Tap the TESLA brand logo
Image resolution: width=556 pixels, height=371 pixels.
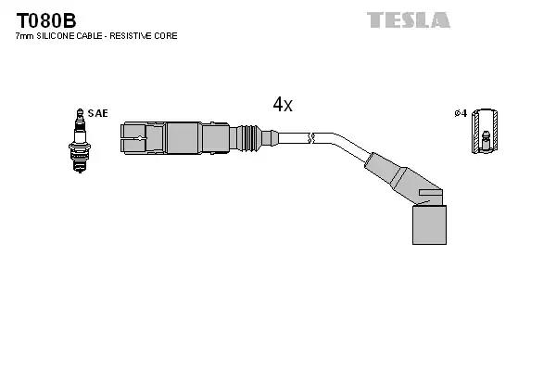click(x=408, y=19)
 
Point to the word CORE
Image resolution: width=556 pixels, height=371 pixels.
click(x=165, y=36)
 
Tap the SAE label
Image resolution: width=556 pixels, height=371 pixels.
click(x=98, y=113)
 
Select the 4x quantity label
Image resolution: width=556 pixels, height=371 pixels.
click(x=283, y=105)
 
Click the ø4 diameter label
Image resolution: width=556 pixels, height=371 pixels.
click(x=460, y=113)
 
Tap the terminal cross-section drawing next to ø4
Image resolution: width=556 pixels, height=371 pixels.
click(x=482, y=132)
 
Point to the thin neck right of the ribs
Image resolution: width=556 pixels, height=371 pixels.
click(x=269, y=138)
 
